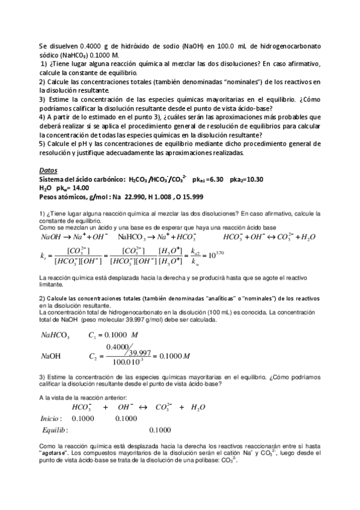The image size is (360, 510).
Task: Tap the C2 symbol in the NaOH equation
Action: pos(92,356)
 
